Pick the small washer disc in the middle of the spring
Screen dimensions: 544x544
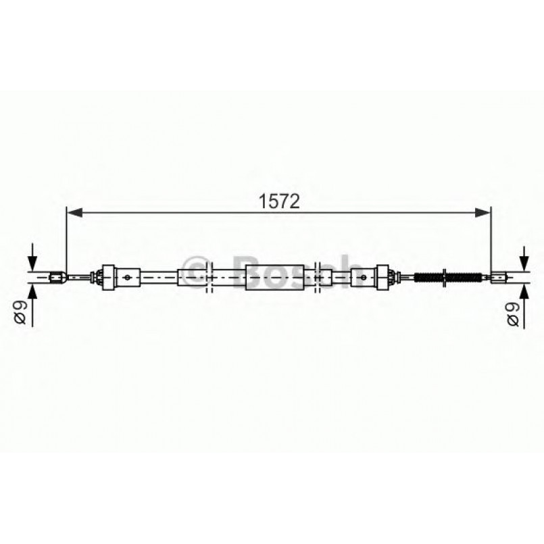coord(445,276)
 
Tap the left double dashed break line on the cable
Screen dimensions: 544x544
coord(208,276)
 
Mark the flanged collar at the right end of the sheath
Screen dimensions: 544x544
coord(385,276)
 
